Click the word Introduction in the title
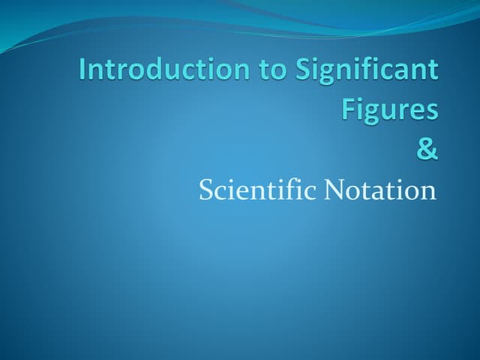click(160, 70)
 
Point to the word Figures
click(390, 109)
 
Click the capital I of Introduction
click(83, 70)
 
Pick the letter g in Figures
click(370, 112)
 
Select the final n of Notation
click(428, 192)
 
